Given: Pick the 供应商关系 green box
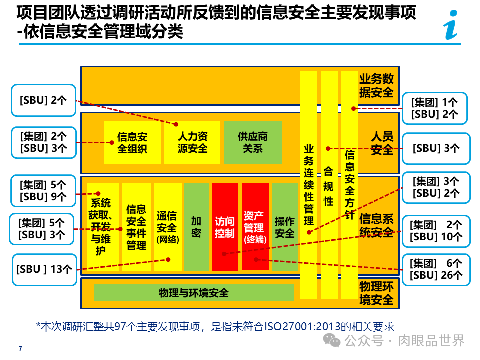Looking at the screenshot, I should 252,142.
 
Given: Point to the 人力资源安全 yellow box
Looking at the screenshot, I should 192,142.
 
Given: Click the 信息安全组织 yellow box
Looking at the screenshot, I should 132,142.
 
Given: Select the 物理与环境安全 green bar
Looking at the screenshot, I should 193,293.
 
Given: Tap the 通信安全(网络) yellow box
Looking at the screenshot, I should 167,227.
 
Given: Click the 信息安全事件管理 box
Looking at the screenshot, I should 136,227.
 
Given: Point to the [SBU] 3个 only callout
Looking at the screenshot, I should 436,148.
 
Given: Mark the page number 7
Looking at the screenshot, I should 20,349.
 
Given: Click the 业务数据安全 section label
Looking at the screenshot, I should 376,85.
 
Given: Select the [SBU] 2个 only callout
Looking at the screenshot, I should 43,100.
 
